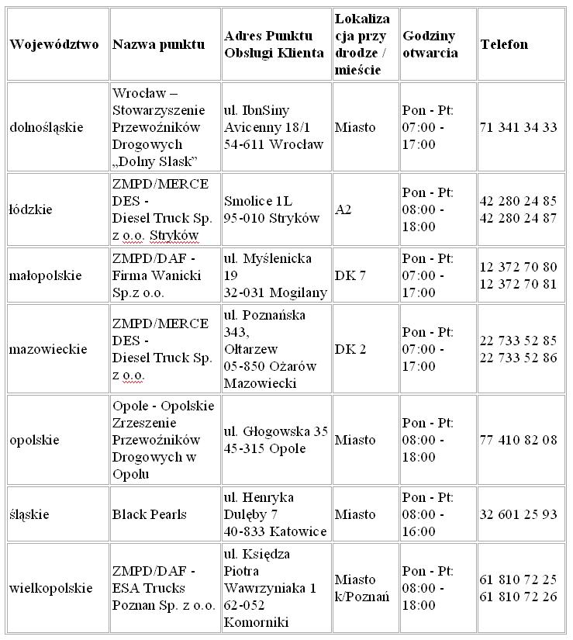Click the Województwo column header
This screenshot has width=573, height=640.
[x=54, y=44]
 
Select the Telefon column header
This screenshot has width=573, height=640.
[x=504, y=44]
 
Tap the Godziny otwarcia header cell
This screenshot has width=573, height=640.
[x=430, y=44]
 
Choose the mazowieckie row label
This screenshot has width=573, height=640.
[x=48, y=349]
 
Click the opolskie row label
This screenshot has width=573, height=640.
[x=35, y=440]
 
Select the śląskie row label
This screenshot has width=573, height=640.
[x=29, y=514]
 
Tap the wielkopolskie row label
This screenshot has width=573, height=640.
[x=51, y=588]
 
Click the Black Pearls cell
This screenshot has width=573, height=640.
[x=150, y=514]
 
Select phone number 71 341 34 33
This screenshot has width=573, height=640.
[x=518, y=127]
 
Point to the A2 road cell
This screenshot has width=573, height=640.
[x=343, y=209]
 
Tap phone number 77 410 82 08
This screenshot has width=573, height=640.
[x=518, y=440]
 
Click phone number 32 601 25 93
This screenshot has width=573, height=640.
[x=518, y=514]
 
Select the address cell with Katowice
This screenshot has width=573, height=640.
[x=275, y=514]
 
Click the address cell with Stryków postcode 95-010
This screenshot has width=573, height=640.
[x=271, y=209]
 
